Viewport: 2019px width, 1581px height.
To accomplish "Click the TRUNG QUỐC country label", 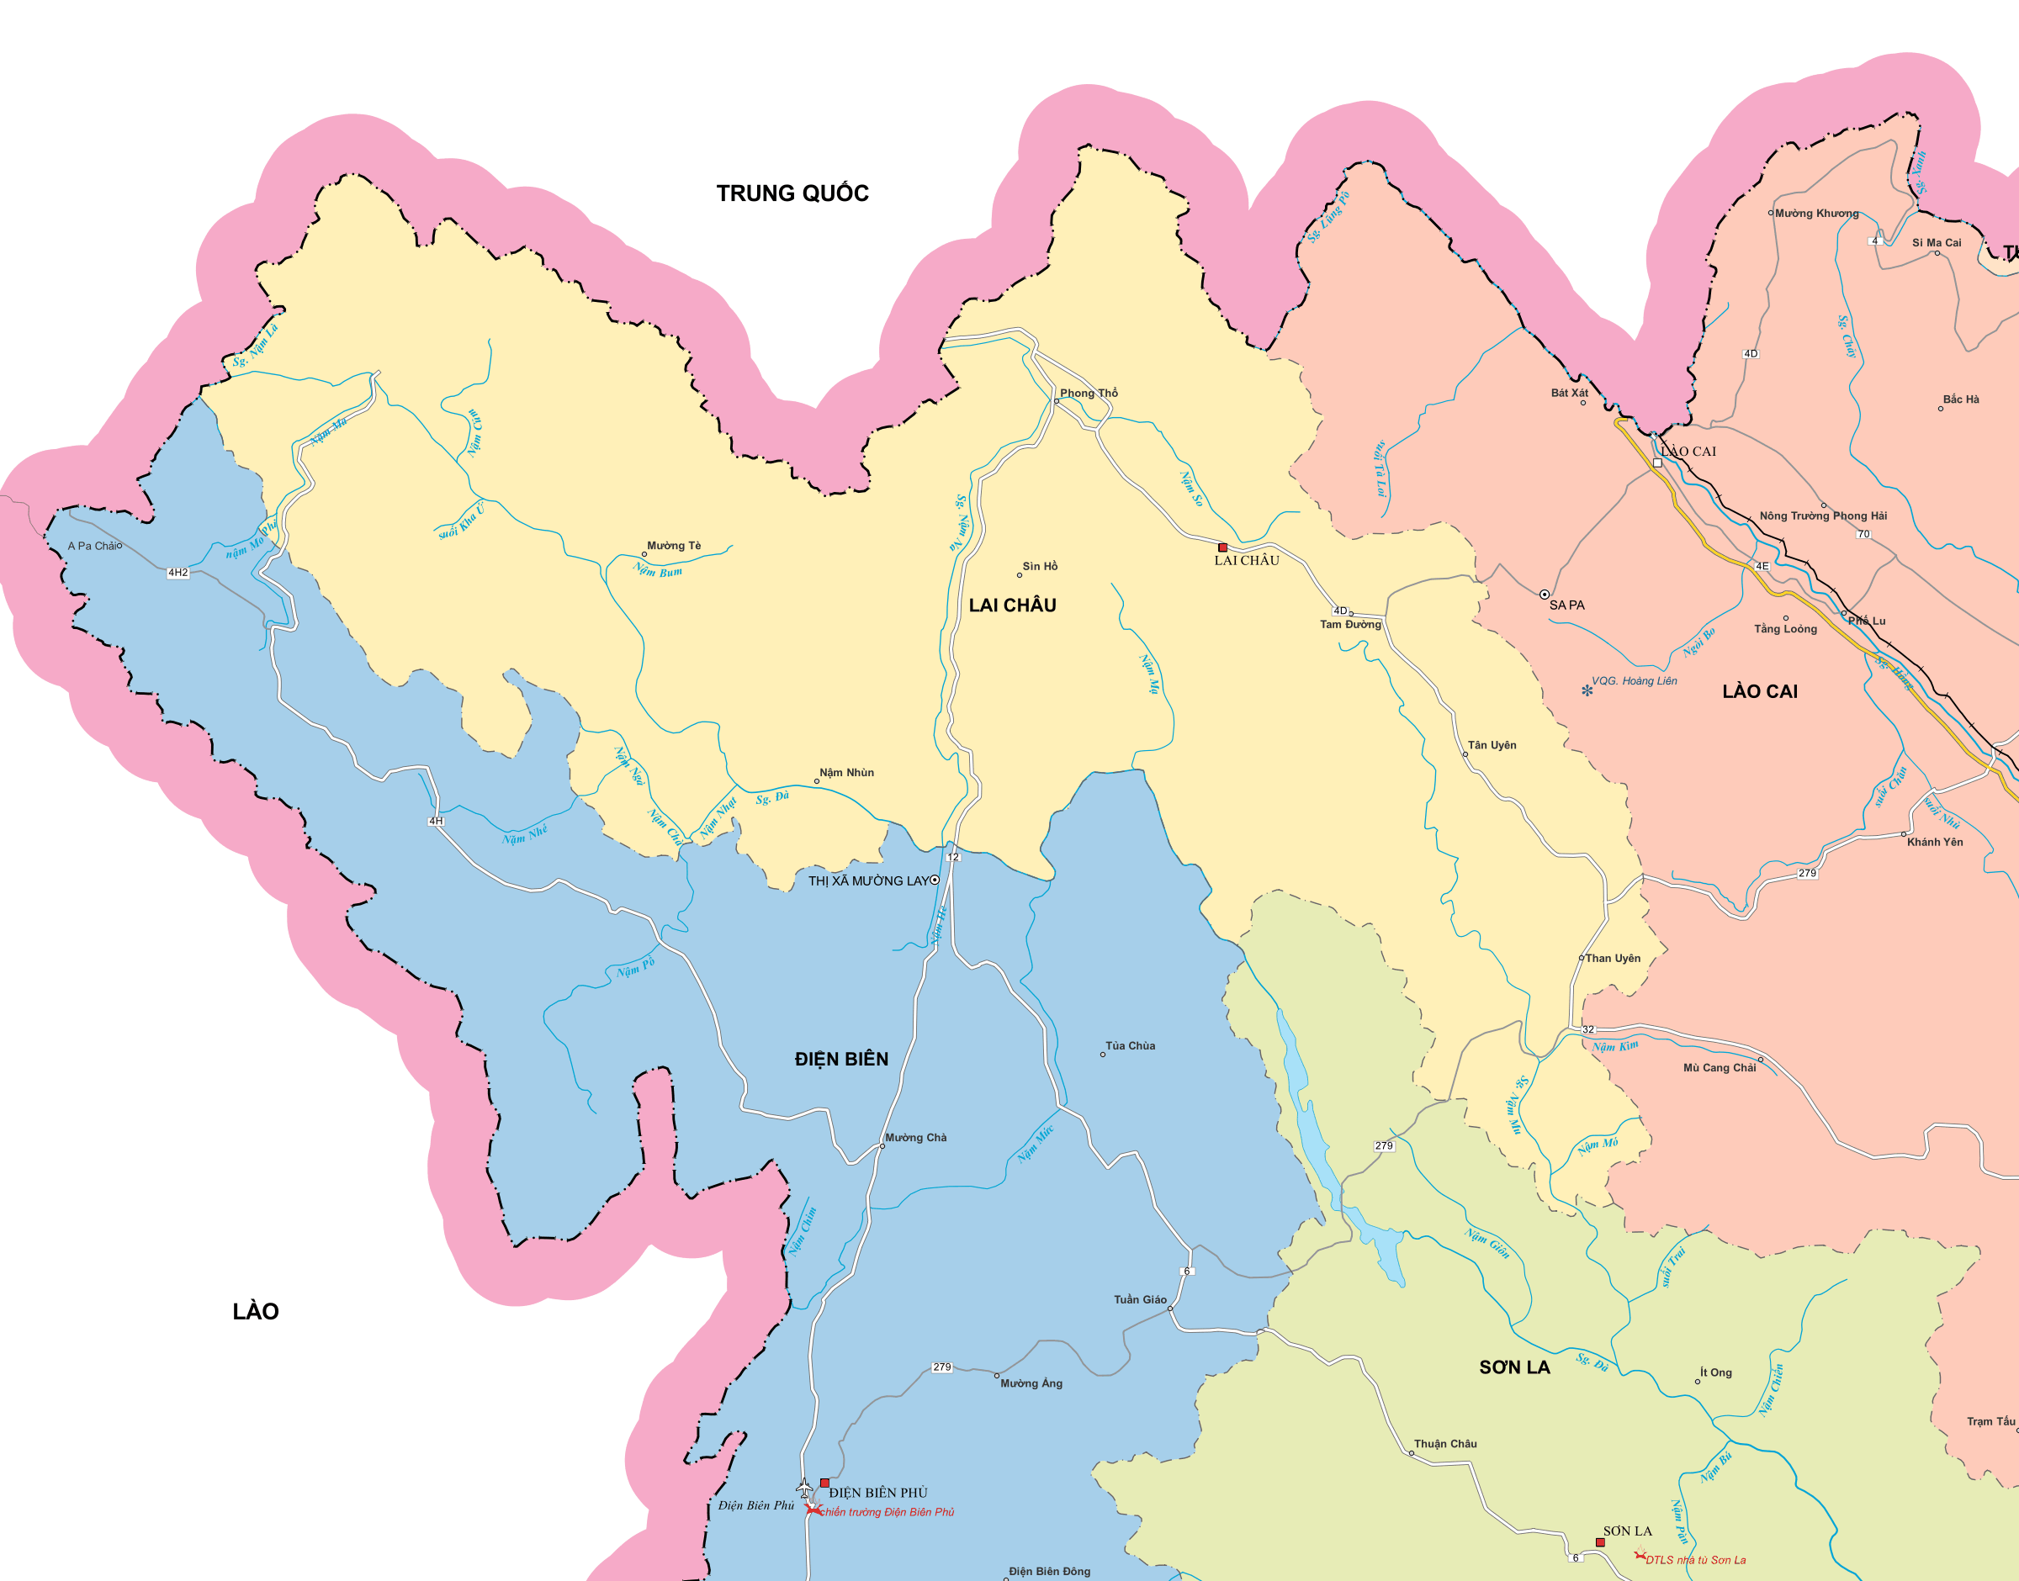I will pyautogui.click(x=792, y=193).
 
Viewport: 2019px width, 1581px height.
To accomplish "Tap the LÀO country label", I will pyautogui.click(x=256, y=1312).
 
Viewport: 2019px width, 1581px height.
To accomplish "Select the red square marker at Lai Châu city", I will pyautogui.click(x=1223, y=548).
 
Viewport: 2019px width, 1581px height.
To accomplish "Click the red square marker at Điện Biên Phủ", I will pyautogui.click(x=824, y=1482).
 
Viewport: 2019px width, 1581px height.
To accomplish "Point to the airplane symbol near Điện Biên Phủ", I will pyautogui.click(x=803, y=1487).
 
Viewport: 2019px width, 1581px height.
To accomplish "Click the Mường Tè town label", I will pyautogui.click(x=674, y=545).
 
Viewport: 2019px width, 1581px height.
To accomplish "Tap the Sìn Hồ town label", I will pyautogui.click(x=1040, y=566).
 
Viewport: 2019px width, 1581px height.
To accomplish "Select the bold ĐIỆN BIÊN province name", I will pyautogui.click(x=840, y=1059).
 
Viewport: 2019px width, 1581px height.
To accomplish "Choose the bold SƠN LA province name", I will pyautogui.click(x=1514, y=1367).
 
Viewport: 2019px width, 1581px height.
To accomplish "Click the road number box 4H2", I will pyautogui.click(x=178, y=573).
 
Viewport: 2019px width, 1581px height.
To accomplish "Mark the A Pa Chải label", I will pyautogui.click(x=92, y=546).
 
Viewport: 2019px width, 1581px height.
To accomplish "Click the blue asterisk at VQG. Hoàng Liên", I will pyautogui.click(x=1587, y=690).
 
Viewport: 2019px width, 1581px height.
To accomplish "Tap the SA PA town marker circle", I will pyautogui.click(x=1544, y=595).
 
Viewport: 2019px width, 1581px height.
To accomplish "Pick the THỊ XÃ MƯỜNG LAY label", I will pyautogui.click(x=867, y=880).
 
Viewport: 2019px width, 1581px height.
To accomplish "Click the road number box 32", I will pyautogui.click(x=1588, y=1029).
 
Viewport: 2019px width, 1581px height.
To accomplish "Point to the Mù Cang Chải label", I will pyautogui.click(x=1719, y=1067).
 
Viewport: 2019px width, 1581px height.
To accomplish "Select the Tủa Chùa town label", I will pyautogui.click(x=1131, y=1046).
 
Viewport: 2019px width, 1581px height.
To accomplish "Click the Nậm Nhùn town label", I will pyautogui.click(x=846, y=772).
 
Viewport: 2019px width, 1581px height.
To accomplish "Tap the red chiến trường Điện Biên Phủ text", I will pyautogui.click(x=887, y=1513).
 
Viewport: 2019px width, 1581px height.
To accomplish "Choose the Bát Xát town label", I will pyautogui.click(x=1569, y=393).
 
